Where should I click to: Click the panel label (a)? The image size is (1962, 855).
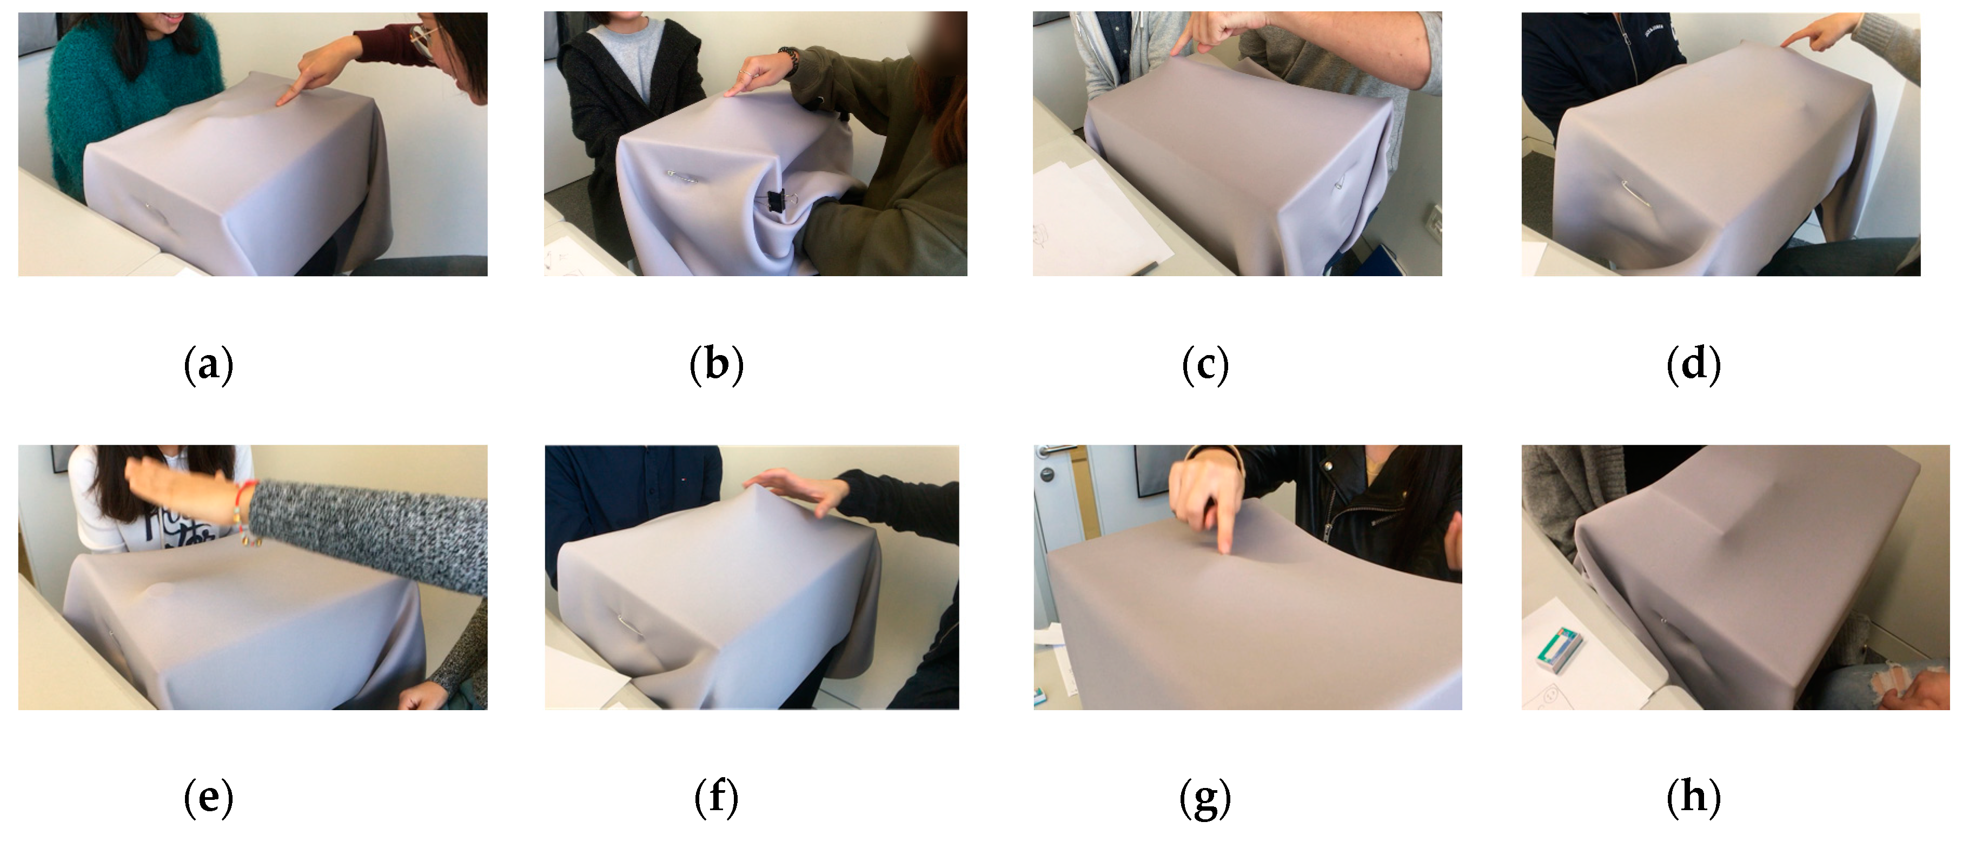point(208,365)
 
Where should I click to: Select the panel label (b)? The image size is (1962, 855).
point(716,365)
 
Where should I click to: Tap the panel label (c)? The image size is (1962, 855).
point(1205,365)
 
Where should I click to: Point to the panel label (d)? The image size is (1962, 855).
point(1694,365)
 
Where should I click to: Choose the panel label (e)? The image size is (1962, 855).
point(208,798)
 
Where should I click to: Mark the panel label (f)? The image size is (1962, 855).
point(716,798)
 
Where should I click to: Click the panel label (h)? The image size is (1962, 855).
point(1694,798)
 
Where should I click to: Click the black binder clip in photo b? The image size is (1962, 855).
point(778,201)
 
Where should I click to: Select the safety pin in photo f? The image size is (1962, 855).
point(628,625)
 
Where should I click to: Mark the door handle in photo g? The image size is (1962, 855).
point(1055,451)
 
